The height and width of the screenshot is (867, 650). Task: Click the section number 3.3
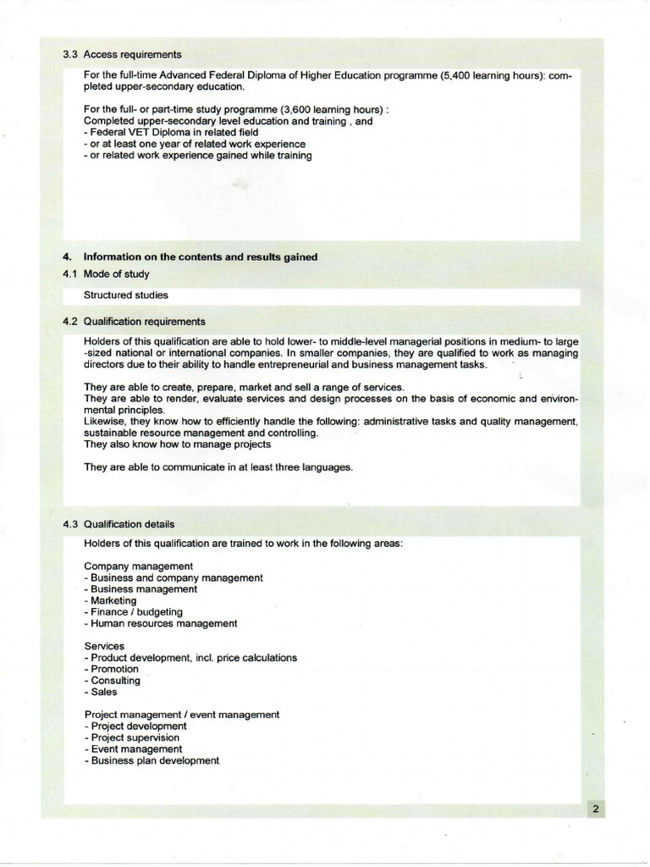point(70,54)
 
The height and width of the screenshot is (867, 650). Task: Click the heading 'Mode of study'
point(117,273)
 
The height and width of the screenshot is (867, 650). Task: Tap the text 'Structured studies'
point(126,295)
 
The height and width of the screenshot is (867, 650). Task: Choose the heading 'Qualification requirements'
point(145,322)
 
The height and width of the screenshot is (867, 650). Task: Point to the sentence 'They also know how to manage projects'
point(178,444)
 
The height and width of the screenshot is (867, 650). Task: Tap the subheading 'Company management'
point(139,566)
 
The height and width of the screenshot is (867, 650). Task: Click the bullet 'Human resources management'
point(162,623)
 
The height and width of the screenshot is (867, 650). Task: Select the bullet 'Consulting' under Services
point(113,680)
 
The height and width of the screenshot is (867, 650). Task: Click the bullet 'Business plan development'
point(152,760)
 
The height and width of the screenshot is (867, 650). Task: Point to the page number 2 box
point(595,809)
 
